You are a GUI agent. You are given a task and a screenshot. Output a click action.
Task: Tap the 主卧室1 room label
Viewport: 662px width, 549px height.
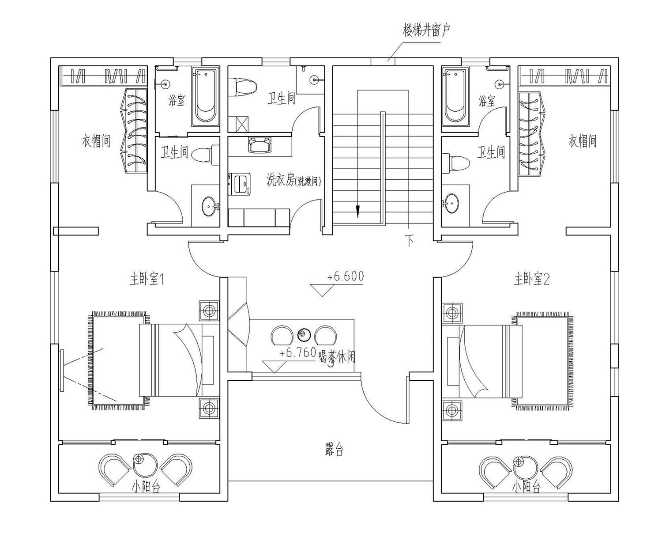[x=147, y=279]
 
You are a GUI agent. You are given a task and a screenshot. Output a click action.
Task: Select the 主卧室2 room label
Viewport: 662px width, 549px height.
[x=531, y=279]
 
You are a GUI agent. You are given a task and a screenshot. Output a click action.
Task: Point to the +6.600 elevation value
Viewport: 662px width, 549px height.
[x=346, y=276]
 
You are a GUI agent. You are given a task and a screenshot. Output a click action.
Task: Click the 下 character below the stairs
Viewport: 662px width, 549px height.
[x=409, y=241]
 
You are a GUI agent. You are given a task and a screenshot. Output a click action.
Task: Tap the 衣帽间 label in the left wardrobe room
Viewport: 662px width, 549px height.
[x=96, y=141]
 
